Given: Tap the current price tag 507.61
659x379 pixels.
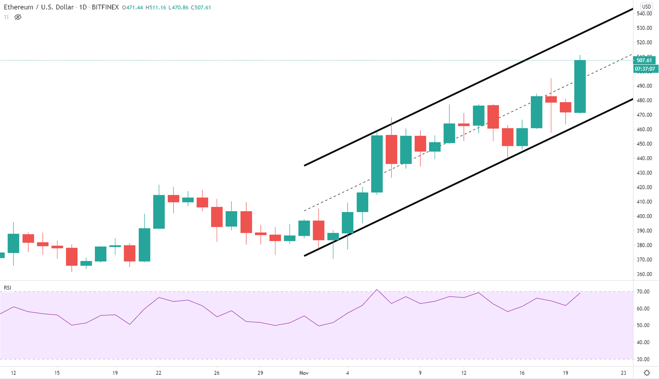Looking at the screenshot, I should pos(644,61).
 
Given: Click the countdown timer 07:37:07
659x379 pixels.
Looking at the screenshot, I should pos(645,69).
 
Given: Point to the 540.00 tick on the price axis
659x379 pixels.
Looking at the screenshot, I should pos(644,14).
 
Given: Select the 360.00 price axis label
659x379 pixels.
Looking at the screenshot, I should pos(644,274).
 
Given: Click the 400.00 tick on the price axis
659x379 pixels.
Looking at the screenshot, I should pos(644,216).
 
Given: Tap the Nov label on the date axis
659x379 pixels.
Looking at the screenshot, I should pos(304,373).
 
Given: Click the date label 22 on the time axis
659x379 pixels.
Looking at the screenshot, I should pos(159,373).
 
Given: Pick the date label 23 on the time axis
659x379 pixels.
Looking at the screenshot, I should pos(623,373).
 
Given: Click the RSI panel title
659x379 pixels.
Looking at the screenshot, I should pos(7,288).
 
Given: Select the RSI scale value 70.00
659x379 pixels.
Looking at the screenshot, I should pos(643,292).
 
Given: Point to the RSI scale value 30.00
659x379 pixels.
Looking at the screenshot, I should pos(643,359).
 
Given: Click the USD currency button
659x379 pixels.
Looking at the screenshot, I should pos(646,7).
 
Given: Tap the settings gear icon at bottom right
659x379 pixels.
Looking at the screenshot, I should pos(647,373).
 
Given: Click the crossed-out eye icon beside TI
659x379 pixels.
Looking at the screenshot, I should pos(18,17).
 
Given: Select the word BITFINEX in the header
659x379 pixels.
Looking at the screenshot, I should pos(105,7).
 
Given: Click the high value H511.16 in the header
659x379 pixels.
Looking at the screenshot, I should pos(156,8).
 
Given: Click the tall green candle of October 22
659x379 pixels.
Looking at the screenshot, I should pos(159,212).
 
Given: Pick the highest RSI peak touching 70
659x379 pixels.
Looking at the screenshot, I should pos(376,290).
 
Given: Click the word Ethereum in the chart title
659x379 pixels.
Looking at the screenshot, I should pos(18,7).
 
